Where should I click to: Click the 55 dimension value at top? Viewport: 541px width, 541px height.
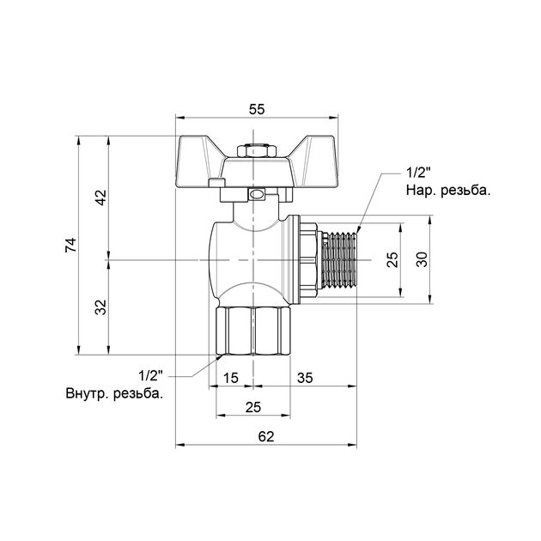point(257,109)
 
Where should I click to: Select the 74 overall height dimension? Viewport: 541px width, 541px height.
point(71,245)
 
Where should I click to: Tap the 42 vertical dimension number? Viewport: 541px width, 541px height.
point(101,198)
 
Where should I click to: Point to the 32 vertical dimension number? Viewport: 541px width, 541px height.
point(101,307)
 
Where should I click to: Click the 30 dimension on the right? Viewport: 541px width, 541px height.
point(422,259)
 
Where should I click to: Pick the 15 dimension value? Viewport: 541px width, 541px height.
point(230,378)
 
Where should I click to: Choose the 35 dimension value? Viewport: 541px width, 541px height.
point(305,378)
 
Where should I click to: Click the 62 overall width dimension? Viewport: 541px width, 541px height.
point(266,436)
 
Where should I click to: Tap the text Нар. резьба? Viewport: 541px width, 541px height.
point(448,191)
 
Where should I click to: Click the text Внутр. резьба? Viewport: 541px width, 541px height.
point(114,393)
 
